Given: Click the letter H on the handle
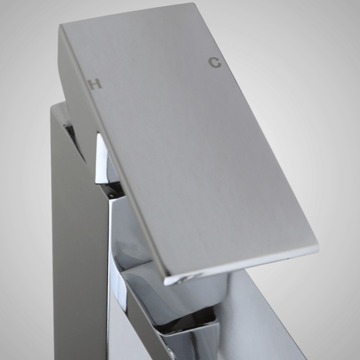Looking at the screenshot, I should [x=95, y=84].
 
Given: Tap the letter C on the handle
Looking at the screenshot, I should [x=214, y=63].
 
